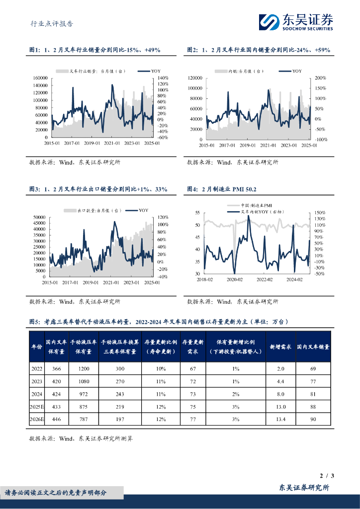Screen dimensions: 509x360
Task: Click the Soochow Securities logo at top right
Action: click(x=296, y=21)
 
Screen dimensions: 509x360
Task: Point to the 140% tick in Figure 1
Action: click(x=163, y=78)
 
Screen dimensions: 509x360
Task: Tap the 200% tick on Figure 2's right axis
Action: click(x=320, y=78)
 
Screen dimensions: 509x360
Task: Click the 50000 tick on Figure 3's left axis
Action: click(x=40, y=217)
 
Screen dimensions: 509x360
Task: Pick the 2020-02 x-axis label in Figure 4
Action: click(x=234, y=279)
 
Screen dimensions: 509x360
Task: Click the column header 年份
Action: click(x=37, y=346)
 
